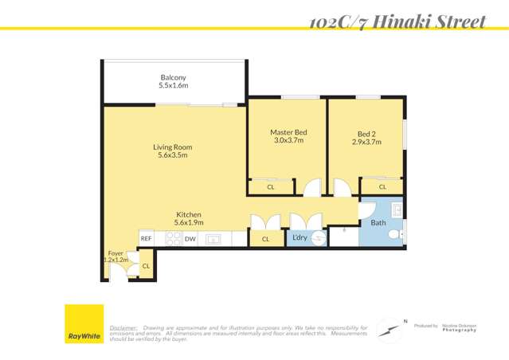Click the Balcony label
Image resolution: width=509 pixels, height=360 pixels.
[x=173, y=81]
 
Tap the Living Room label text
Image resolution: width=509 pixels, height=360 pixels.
[x=173, y=151]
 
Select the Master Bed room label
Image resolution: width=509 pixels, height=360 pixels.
[x=288, y=136]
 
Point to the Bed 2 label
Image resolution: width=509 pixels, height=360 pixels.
[x=366, y=137]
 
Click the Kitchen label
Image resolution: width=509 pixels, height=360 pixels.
[x=189, y=219]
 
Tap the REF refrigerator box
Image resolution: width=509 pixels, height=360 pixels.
[x=147, y=238]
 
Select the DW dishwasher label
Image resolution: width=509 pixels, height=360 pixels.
[x=190, y=238]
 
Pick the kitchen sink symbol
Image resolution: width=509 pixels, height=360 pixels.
[x=213, y=238]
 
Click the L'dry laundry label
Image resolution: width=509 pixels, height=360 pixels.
[x=300, y=237]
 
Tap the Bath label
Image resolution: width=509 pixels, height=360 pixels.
[x=378, y=223]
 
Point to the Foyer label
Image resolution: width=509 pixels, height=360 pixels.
[x=116, y=256]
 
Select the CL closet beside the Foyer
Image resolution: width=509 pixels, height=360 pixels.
[x=146, y=265]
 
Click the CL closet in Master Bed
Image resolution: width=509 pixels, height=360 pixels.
[x=271, y=187]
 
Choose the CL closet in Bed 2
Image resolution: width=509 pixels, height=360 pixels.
[x=382, y=187]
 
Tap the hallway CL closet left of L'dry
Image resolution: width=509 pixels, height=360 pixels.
[x=266, y=238]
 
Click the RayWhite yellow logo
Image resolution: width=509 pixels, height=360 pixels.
[x=84, y=325]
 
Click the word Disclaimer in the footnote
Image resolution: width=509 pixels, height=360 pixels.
[x=123, y=327]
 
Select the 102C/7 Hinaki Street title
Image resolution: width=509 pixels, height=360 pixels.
[x=397, y=22]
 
